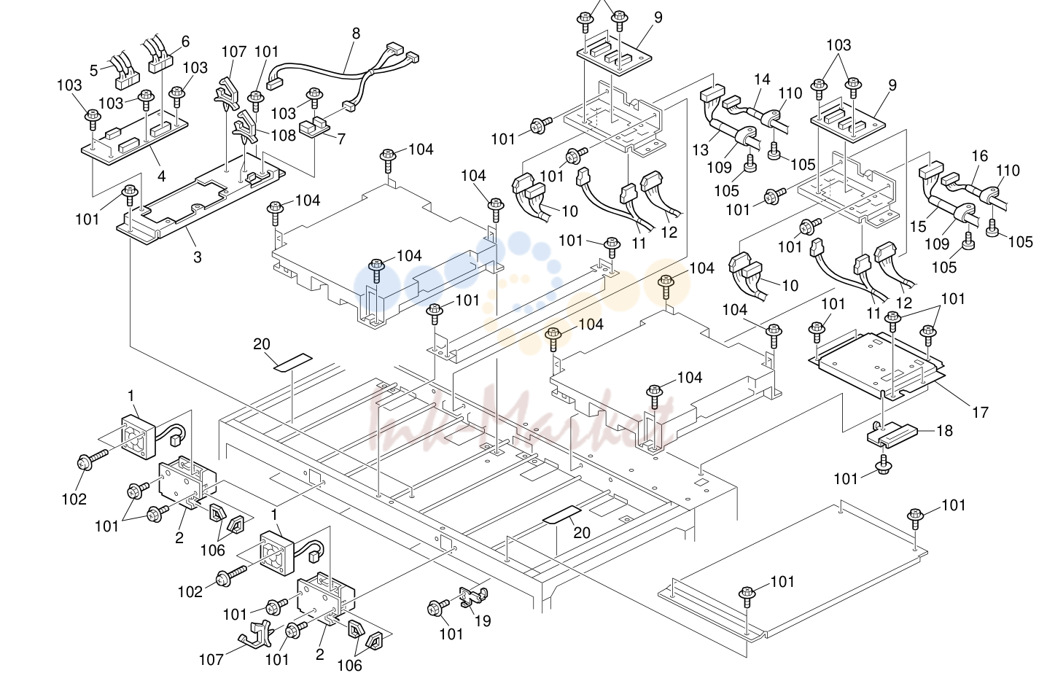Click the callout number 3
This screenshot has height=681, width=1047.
(x=198, y=257)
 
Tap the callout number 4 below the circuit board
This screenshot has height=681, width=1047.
(x=161, y=176)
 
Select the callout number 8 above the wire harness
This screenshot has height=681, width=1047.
(x=356, y=34)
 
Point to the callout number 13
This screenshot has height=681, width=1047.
(x=701, y=150)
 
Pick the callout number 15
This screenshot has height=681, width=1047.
(x=918, y=227)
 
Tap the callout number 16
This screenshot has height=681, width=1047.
(x=980, y=155)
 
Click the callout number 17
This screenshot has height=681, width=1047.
(x=980, y=412)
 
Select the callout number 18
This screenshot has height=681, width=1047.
(x=945, y=430)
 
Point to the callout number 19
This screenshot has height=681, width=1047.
(x=483, y=620)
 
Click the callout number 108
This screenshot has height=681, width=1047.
(x=283, y=136)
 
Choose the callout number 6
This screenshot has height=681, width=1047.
(x=185, y=42)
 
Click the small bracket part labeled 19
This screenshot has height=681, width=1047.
(x=473, y=597)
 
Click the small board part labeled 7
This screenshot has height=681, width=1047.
(x=314, y=128)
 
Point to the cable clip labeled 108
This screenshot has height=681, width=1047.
(x=246, y=128)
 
